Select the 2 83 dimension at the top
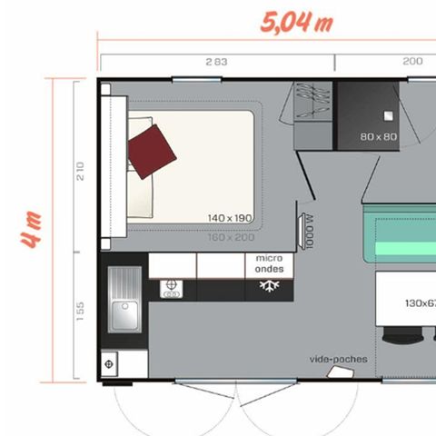point(215,62)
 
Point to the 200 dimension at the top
point(411,62)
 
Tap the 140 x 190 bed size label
point(228,218)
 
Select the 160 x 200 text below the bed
point(230,237)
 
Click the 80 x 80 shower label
point(379,137)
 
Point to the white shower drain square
point(389,115)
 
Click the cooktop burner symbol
point(170,289)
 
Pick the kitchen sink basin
point(122,314)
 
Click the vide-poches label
point(338,359)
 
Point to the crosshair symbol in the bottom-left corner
point(109,364)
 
